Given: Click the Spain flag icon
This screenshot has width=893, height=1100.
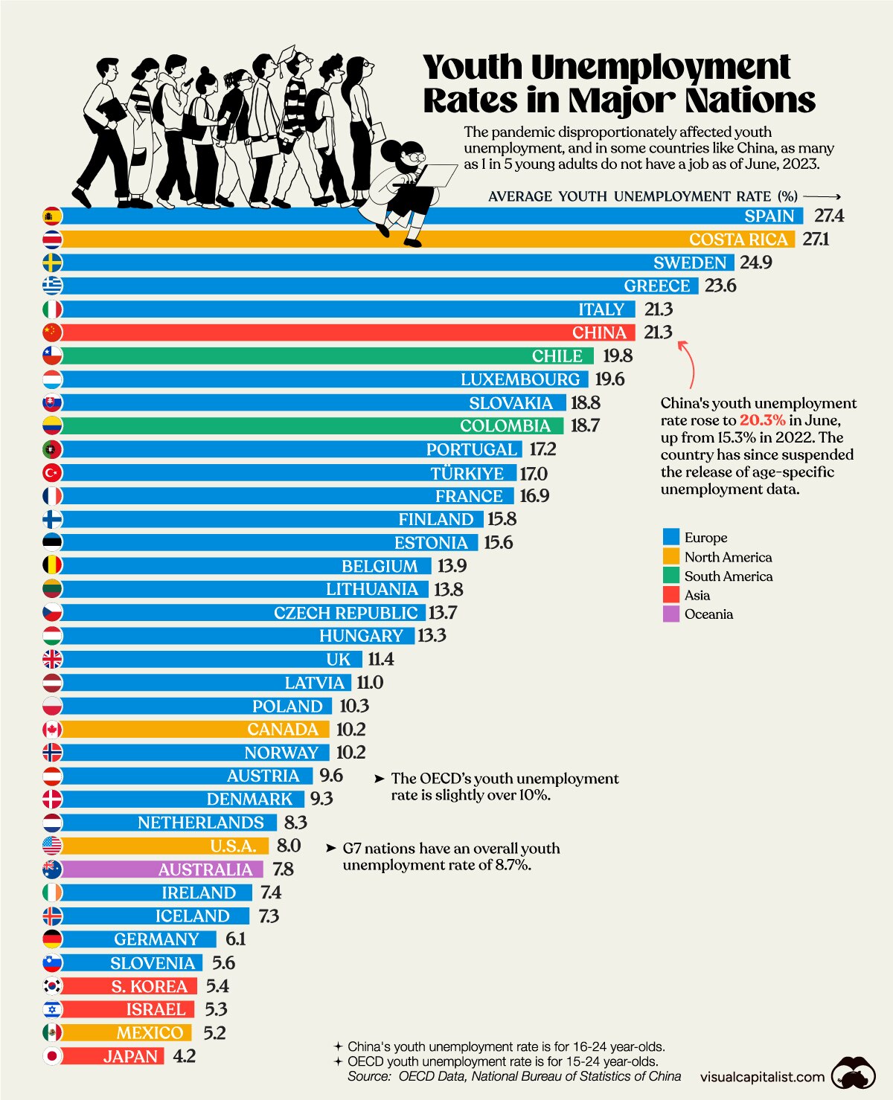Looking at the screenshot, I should pyautogui.click(x=52, y=216).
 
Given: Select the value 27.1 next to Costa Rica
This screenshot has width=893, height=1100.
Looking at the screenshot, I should pyautogui.click(x=816, y=239).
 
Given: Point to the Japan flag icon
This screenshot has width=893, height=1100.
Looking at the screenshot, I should pyautogui.click(x=52, y=1056).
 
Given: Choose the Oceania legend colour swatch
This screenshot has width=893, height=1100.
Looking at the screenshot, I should pyautogui.click(x=670, y=614).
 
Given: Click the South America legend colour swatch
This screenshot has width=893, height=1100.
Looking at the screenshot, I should pyautogui.click(x=670, y=576).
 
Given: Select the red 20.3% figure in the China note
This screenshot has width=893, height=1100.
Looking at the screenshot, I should pyautogui.click(x=762, y=420).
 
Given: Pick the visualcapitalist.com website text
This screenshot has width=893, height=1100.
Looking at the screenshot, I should pyautogui.click(x=762, y=1077).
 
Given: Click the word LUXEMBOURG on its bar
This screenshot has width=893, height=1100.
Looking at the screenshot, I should pyautogui.click(x=519, y=379).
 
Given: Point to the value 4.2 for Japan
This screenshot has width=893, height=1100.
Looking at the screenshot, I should pyautogui.click(x=184, y=1056).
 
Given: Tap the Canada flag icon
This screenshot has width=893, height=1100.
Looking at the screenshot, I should pyautogui.click(x=52, y=730).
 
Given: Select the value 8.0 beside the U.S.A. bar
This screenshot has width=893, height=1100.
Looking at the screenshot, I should pyautogui.click(x=288, y=846).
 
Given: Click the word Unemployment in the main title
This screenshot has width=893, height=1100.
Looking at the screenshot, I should pyautogui.click(x=660, y=68).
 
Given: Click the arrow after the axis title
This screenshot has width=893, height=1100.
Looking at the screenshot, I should pyautogui.click(x=822, y=197).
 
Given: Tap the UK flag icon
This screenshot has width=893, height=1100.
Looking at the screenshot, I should pyautogui.click(x=52, y=659).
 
